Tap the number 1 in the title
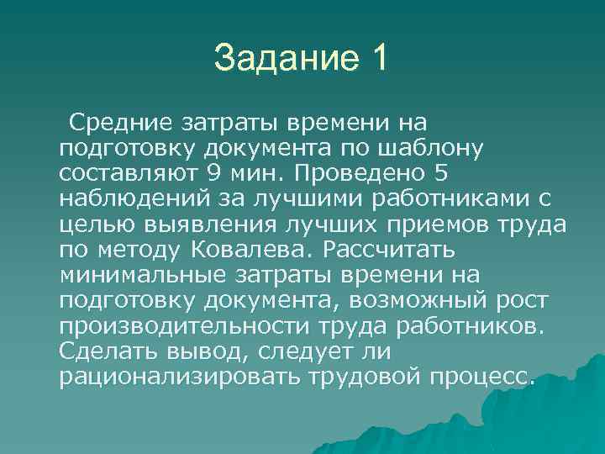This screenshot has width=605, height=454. click(378, 58)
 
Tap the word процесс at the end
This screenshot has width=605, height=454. click(483, 376)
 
